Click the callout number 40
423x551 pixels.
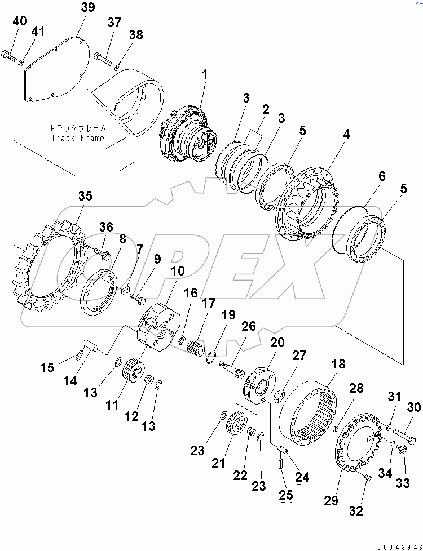[x=19, y=21]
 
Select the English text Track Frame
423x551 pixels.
[x=78, y=138]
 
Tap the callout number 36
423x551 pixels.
[x=106, y=227]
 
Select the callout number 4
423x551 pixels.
[x=346, y=135]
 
